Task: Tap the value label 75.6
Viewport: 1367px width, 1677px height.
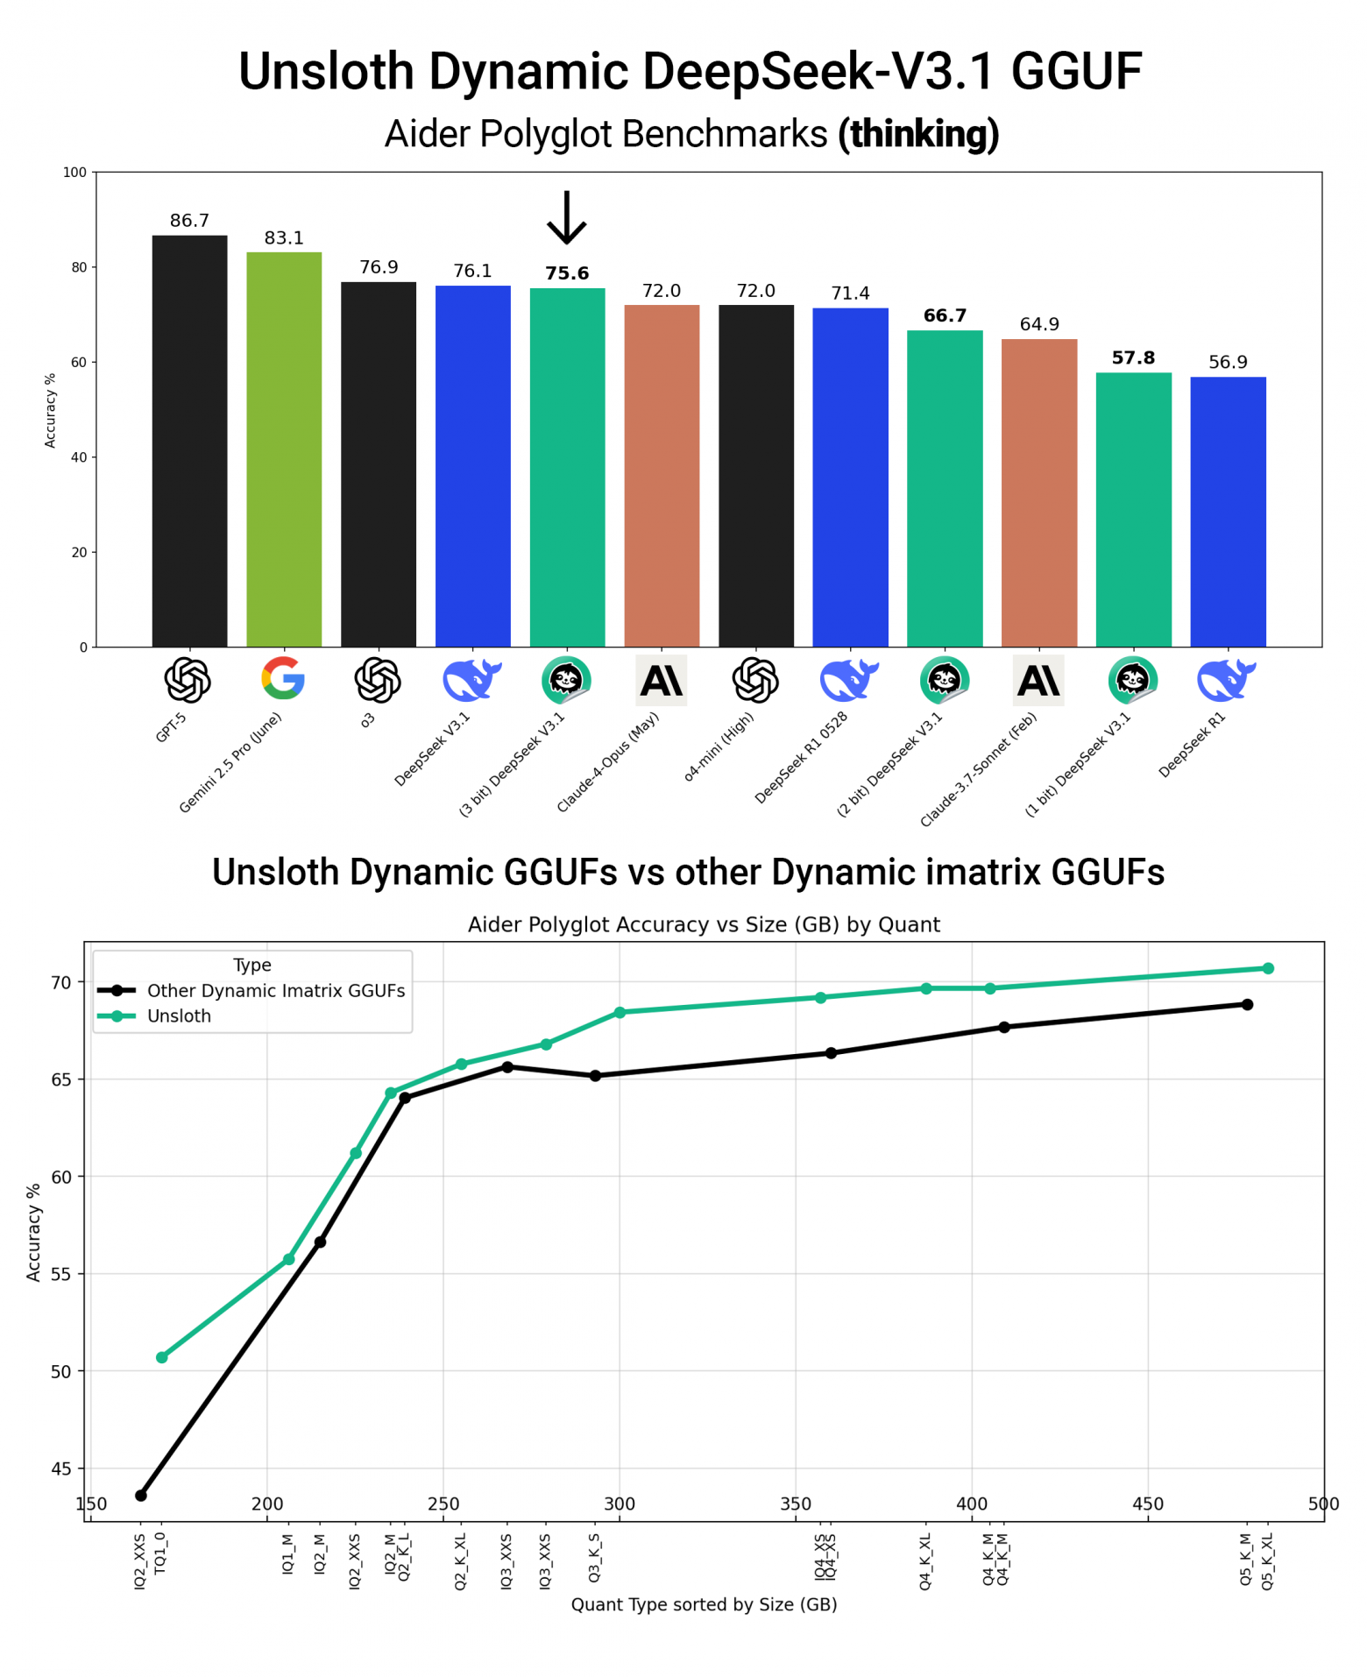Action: tap(567, 273)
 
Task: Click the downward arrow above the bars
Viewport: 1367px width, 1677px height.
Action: tap(567, 218)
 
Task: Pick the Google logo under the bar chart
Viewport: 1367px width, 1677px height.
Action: tap(283, 678)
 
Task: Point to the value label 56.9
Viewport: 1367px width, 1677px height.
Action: tap(1227, 362)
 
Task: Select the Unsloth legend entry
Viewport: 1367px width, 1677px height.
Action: tap(179, 1015)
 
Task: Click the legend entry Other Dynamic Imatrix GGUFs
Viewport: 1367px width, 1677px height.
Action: tap(275, 990)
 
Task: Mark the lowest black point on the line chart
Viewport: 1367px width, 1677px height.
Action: tap(141, 1495)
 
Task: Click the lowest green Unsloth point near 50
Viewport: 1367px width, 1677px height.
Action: tap(162, 1357)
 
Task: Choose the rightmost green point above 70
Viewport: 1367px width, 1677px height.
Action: tap(1267, 968)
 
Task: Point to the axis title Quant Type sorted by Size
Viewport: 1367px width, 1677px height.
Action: tap(704, 1604)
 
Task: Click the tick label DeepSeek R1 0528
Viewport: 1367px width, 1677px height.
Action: tap(801, 757)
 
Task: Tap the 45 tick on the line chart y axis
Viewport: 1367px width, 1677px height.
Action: tap(60, 1468)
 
